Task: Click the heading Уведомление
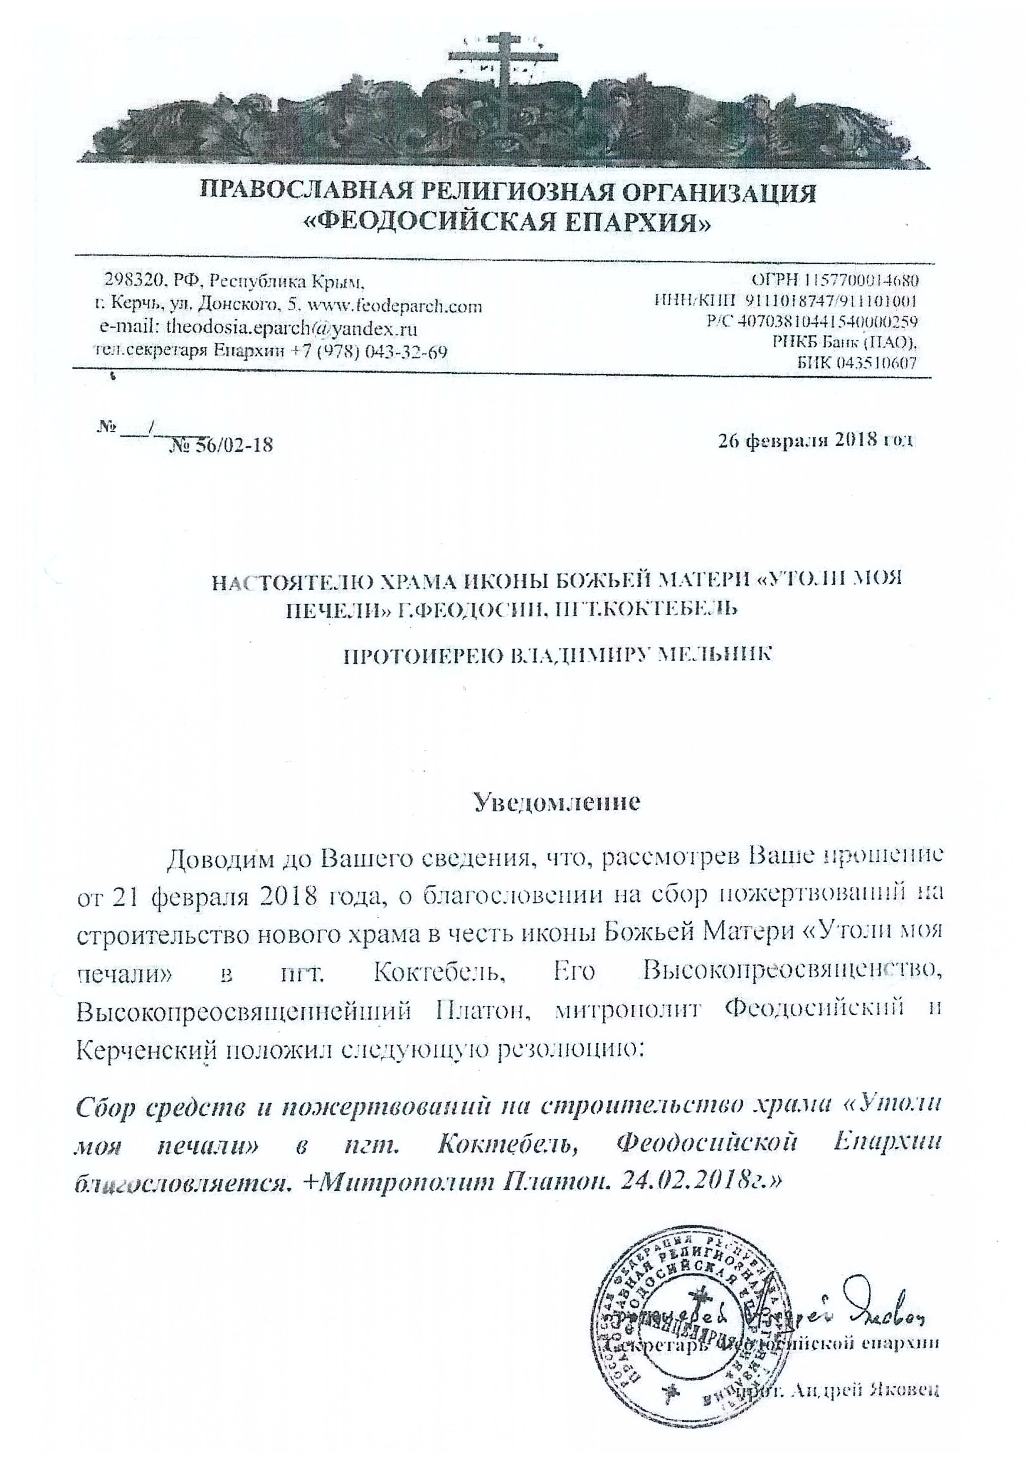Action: point(558,802)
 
